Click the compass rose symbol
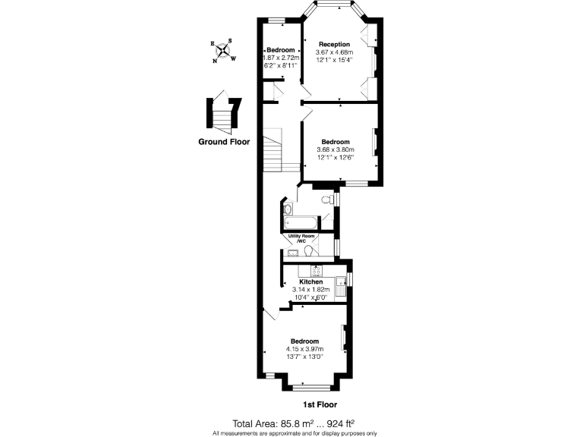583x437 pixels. tap(224, 51)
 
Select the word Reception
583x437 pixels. tap(334, 44)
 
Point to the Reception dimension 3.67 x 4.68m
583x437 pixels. tap(334, 52)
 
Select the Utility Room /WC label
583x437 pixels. tap(301, 240)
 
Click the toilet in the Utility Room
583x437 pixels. tap(310, 251)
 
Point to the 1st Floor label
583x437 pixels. tap(320, 404)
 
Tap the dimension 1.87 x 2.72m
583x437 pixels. tap(281, 58)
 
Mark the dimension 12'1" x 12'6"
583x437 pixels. tap(335, 158)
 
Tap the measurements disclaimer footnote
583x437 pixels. tap(295, 432)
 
